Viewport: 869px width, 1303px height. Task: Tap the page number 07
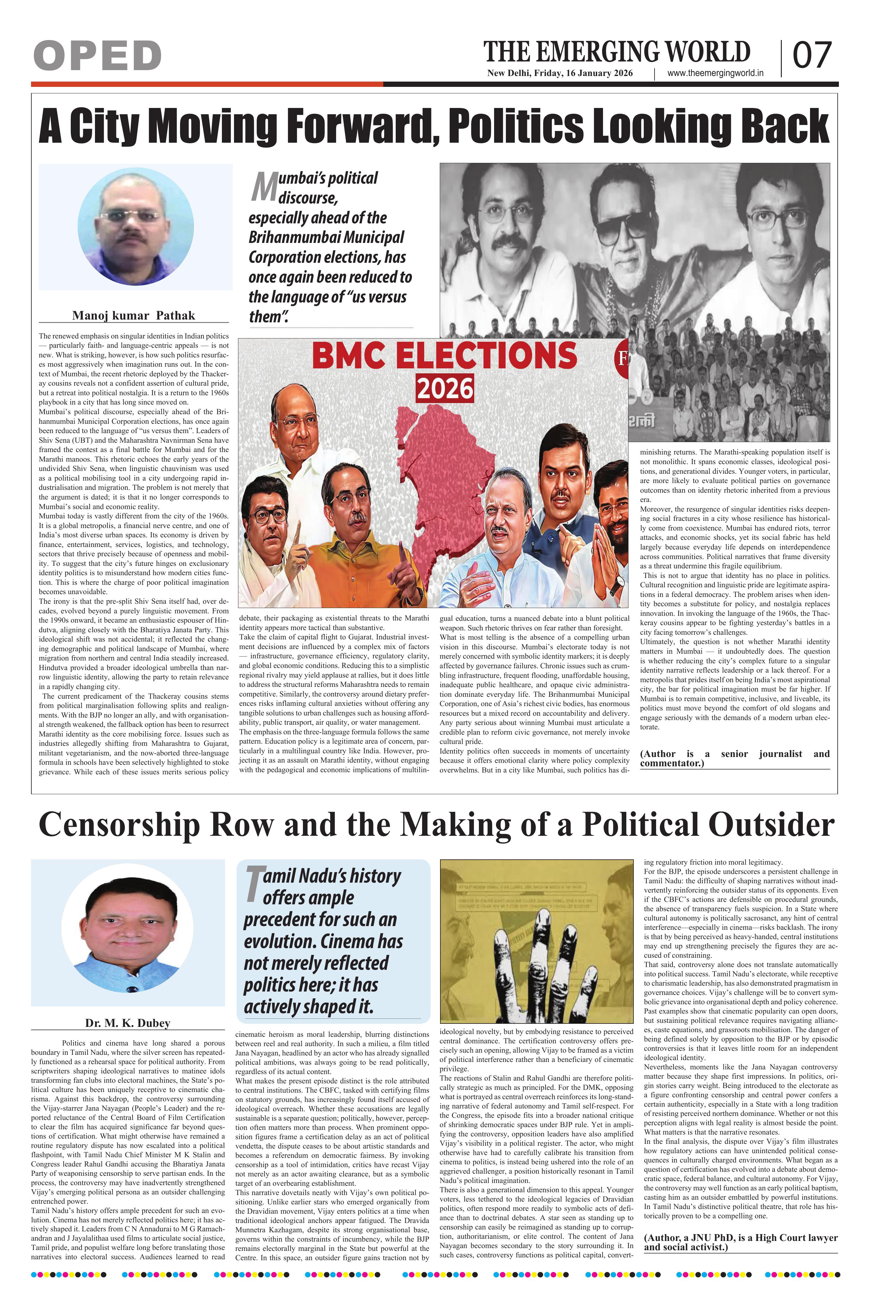coord(812,56)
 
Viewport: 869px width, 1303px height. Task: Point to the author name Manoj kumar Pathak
coord(133,316)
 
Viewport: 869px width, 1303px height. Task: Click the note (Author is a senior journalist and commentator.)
coord(734,759)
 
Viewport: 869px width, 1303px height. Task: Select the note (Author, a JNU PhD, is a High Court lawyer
coord(741,1243)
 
